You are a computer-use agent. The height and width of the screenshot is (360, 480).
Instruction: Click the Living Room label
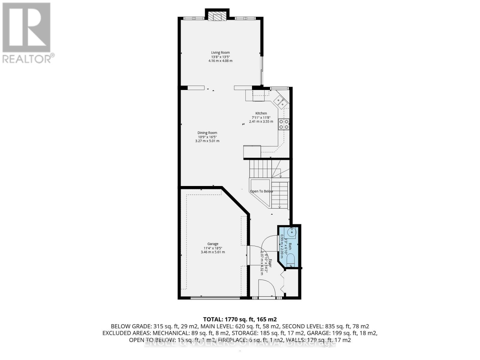[x=220, y=53]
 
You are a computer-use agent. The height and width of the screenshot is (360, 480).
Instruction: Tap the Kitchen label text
[x=261, y=113]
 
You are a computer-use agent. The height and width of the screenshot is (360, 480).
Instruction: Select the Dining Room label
[x=207, y=133]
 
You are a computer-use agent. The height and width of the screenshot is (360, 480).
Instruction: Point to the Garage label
[x=213, y=244]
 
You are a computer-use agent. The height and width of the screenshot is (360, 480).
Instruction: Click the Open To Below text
[x=262, y=191]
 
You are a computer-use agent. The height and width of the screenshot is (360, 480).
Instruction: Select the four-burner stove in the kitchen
[x=284, y=124]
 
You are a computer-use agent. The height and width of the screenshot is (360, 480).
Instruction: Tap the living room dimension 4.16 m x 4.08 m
[x=220, y=61]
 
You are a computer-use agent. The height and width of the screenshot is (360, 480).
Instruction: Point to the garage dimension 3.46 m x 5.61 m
[x=213, y=252]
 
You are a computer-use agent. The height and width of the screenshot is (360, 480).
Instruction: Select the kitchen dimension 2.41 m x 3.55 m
[x=261, y=122]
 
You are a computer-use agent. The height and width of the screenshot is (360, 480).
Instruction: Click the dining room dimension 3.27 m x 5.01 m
[x=207, y=141]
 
